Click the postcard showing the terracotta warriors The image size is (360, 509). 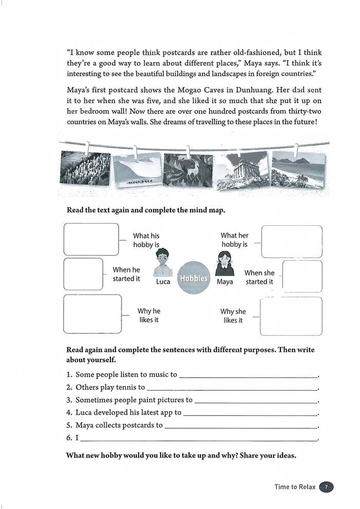(85, 168)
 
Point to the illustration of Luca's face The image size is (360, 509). (162, 262)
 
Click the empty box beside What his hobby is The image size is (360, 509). (91, 239)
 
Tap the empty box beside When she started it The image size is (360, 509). (302, 277)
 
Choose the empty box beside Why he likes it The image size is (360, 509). (92, 314)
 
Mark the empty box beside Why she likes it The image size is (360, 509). (291, 316)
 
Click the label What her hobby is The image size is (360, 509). (235, 240)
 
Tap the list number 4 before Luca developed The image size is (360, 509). (69, 412)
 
